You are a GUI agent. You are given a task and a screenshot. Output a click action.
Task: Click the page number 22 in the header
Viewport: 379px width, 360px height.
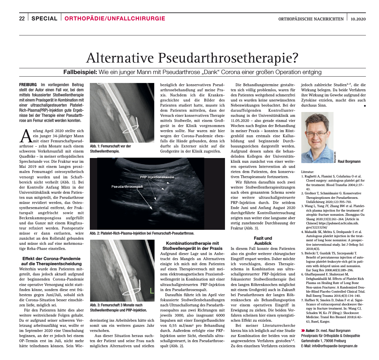(22, 19)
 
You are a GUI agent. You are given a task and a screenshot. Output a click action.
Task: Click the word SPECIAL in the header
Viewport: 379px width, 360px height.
(44, 19)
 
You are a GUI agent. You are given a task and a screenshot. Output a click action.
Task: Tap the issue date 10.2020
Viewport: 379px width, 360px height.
(358, 19)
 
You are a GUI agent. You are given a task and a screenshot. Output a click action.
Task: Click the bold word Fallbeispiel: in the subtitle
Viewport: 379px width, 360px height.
(80, 72)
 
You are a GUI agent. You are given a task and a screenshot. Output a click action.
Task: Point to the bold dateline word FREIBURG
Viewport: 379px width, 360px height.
(28, 85)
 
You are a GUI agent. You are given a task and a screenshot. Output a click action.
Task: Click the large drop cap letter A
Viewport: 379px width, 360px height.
(25, 136)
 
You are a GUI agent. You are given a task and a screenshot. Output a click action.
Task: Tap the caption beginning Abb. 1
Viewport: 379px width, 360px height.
(110, 148)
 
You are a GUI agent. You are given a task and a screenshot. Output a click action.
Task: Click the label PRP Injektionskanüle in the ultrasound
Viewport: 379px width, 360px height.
(157, 177)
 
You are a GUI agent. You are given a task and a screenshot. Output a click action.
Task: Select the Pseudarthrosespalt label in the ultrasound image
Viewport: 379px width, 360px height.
(127, 186)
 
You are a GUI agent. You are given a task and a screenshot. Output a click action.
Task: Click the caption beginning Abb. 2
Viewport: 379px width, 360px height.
(142, 233)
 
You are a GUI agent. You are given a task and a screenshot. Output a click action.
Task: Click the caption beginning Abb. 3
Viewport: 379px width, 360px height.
(118, 307)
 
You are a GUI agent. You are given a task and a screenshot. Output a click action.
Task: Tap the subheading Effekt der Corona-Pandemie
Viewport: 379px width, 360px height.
(51, 261)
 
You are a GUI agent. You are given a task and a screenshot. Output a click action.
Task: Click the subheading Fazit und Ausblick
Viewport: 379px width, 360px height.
(263, 241)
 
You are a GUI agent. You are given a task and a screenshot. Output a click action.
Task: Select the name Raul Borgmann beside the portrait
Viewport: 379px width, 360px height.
(349, 161)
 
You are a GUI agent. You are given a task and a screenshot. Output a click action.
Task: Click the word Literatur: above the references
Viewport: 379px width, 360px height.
(308, 172)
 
